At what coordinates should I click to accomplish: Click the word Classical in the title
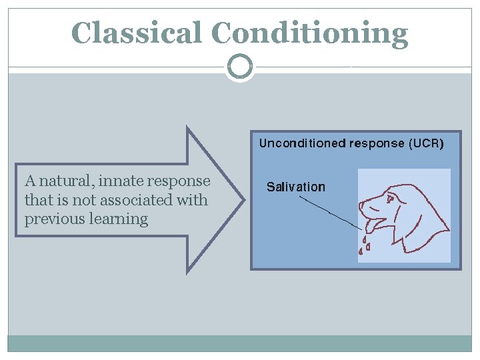click(x=137, y=33)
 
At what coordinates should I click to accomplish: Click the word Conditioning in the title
click(x=309, y=33)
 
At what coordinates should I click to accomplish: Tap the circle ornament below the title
click(x=240, y=67)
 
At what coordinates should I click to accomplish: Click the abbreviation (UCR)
click(x=425, y=143)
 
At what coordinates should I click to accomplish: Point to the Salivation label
click(x=296, y=187)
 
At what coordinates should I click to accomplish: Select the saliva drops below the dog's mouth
click(x=364, y=245)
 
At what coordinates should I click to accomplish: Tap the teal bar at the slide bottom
click(x=240, y=343)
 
